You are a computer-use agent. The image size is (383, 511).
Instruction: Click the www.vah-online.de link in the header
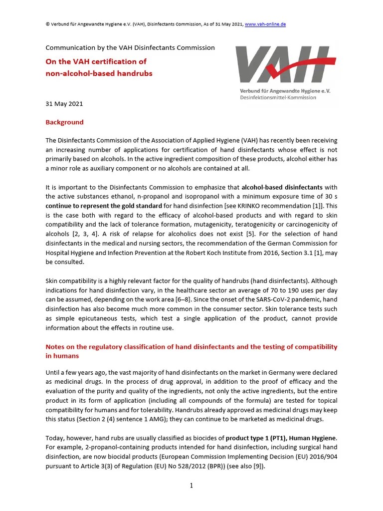[266, 24]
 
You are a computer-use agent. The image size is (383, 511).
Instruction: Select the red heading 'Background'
[65, 122]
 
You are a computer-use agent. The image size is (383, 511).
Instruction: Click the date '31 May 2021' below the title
[64, 104]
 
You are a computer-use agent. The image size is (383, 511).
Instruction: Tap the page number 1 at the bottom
[191, 486]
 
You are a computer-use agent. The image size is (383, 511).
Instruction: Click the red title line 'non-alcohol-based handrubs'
[99, 73]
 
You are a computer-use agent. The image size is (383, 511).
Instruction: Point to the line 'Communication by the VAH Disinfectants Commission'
[130, 48]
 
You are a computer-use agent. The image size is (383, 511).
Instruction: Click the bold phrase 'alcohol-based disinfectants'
[282, 188]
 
